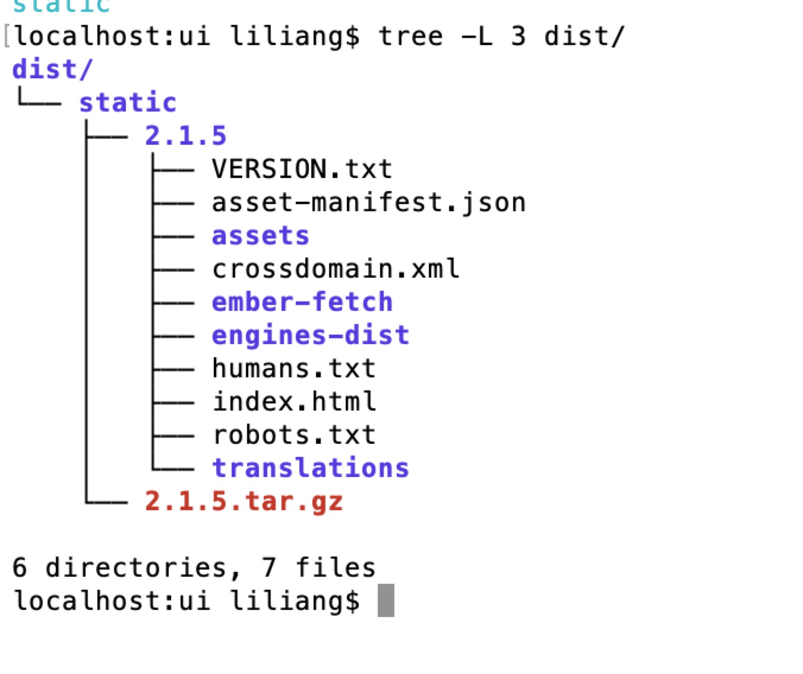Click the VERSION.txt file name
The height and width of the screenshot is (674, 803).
302,170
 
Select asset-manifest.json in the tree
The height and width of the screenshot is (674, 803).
368,203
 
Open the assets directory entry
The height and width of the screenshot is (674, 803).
260,236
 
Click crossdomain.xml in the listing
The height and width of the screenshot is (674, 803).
336,269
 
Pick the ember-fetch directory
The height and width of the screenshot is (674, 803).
302,303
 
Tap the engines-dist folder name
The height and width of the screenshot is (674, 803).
310,336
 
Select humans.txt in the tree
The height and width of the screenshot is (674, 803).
293,369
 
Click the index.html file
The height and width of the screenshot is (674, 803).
293,402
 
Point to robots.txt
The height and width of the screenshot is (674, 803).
293,435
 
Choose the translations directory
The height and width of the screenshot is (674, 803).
310,469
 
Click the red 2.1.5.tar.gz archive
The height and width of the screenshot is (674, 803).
244,502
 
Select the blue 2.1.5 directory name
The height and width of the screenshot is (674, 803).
185,136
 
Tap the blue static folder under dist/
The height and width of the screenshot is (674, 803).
128,103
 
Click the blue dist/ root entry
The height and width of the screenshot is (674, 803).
52,70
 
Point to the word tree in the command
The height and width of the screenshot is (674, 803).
410,37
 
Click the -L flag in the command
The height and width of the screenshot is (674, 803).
477,37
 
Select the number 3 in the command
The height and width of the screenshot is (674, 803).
519,37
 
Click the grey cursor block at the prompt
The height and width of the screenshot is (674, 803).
385,600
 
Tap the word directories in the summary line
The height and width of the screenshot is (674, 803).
135,568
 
